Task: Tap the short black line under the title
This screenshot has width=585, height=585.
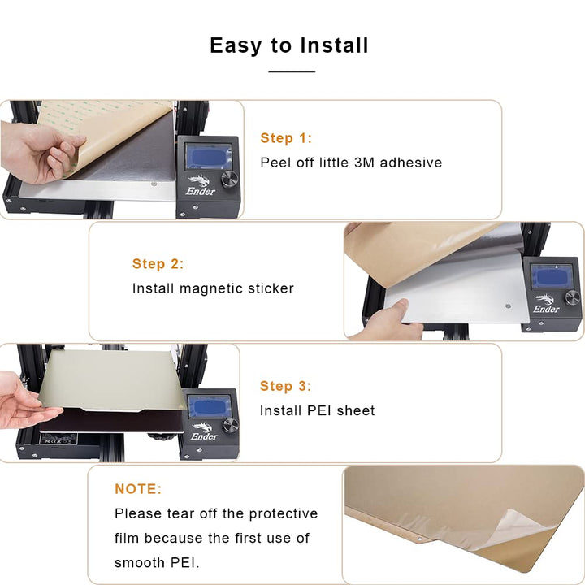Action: click(x=292, y=71)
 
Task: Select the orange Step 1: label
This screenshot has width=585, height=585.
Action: click(x=286, y=138)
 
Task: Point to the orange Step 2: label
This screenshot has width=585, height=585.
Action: click(x=158, y=264)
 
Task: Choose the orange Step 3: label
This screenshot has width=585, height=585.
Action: click(x=286, y=386)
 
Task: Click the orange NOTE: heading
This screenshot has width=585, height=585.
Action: click(x=138, y=489)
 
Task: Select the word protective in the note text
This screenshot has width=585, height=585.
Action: click(x=283, y=513)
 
